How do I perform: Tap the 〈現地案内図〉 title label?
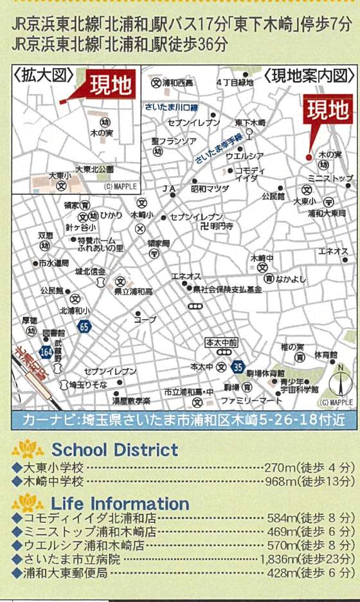pos(309,76)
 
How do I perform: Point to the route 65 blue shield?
pos(85,327)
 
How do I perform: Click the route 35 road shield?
pos(239,367)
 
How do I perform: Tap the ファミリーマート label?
pos(251,400)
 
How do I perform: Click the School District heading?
pos(114,449)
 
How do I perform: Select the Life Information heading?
pos(120,503)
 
